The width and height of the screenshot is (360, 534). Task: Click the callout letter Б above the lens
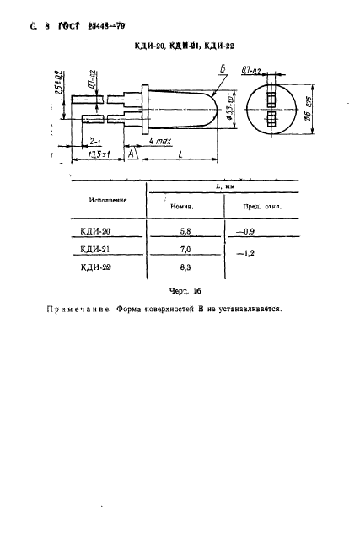[x=221, y=70]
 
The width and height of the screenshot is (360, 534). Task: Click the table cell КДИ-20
[x=98, y=230]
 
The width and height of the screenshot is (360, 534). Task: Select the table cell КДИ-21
[x=98, y=249]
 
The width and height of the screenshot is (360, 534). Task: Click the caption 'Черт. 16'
[x=185, y=289]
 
